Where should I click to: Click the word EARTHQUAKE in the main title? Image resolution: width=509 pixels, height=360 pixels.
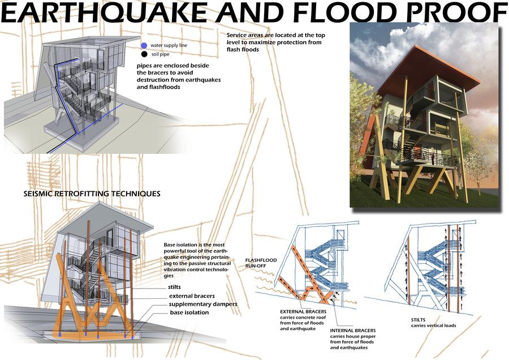tap(104, 12)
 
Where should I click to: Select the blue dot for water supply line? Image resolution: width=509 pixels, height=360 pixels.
tap(144, 45)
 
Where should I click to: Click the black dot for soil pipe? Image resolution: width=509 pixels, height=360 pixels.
tap(144, 54)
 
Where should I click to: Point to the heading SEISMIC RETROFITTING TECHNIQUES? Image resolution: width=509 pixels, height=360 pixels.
tap(92, 194)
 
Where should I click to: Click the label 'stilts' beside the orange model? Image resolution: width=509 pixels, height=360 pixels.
tap(174, 287)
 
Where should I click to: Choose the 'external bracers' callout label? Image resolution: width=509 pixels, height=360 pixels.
tap(192, 296)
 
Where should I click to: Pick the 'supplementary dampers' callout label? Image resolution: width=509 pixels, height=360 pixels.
tap(203, 304)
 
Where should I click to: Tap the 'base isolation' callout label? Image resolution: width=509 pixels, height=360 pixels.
tap(189, 312)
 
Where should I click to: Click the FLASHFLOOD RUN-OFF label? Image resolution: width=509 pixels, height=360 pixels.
tap(261, 263)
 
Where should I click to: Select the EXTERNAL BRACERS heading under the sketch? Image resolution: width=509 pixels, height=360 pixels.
tap(303, 311)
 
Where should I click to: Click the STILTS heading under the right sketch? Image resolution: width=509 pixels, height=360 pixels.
tap(418, 320)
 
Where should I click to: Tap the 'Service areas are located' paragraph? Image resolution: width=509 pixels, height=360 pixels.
tap(275, 42)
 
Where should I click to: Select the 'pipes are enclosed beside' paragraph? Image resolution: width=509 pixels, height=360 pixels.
tap(179, 76)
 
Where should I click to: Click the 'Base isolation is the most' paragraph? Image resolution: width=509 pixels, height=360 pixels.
tap(197, 260)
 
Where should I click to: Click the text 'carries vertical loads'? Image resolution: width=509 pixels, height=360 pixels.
tap(433, 325)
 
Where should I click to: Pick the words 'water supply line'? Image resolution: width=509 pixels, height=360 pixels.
tap(169, 45)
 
